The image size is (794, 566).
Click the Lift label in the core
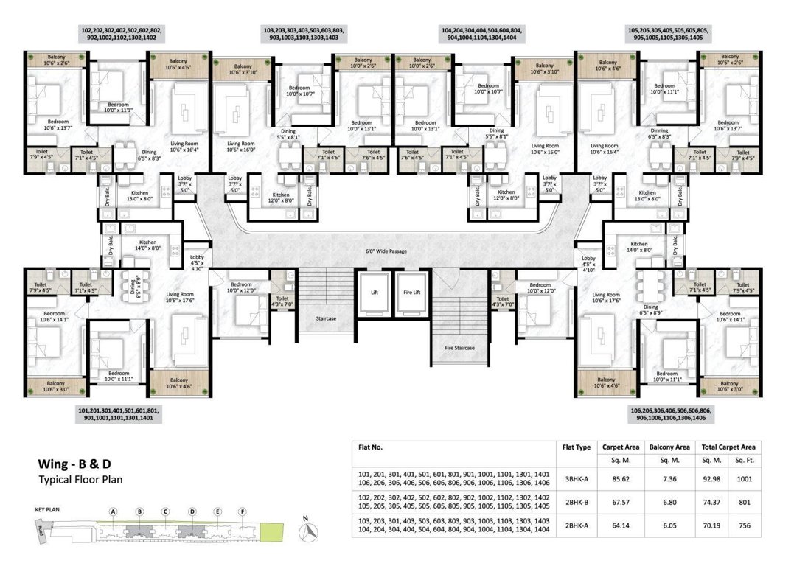(373, 292)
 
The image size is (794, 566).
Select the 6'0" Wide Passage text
(386, 251)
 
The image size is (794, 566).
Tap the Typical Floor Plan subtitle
(80, 479)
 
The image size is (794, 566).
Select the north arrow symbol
(311, 528)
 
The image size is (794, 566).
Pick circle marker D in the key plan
(192, 511)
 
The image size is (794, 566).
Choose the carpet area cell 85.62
(616, 478)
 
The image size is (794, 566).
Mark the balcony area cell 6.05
(669, 526)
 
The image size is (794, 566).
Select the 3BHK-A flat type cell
(577, 478)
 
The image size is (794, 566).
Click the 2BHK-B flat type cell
(577, 502)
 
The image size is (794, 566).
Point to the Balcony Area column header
(669, 447)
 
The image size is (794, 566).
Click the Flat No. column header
(370, 447)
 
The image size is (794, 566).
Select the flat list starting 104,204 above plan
(481, 33)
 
